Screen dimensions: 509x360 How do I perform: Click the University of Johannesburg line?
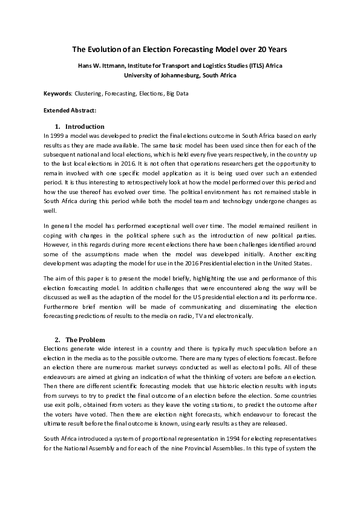click(180, 75)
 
